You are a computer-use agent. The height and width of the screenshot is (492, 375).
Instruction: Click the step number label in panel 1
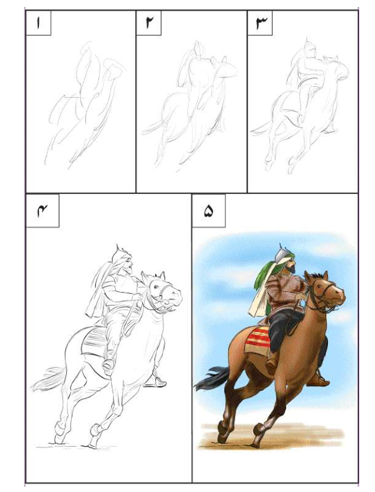[x=38, y=23]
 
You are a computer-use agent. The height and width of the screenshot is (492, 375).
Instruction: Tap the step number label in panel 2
[x=149, y=22]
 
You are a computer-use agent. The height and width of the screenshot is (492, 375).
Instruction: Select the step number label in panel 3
[x=261, y=23]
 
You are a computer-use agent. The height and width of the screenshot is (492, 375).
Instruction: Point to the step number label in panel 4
[x=42, y=211]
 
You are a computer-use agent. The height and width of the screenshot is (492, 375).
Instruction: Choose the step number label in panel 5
[x=209, y=211]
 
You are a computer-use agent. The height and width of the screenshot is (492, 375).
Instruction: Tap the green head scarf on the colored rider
[x=263, y=274]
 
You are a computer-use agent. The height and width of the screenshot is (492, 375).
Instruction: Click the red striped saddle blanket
[x=258, y=340]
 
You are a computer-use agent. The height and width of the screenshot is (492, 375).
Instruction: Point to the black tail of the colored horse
[x=212, y=378]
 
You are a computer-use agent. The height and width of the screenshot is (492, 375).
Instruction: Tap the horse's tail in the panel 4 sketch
[x=48, y=379]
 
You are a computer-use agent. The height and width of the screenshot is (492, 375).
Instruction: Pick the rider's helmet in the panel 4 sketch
[x=120, y=254]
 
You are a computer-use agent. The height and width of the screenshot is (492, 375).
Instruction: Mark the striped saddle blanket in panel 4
[x=94, y=341]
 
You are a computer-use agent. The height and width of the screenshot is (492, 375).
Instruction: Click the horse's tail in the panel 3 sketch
[x=262, y=129]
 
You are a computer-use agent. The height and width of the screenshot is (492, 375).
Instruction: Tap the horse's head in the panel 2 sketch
[x=224, y=68]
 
